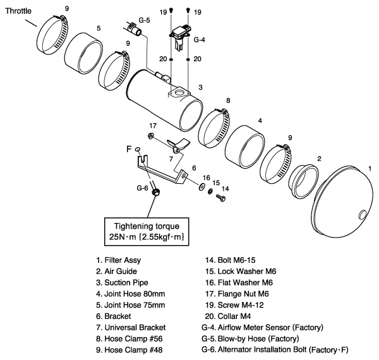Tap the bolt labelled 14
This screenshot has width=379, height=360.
pyautogui.click(x=219, y=199)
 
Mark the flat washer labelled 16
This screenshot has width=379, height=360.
pyautogui.click(x=201, y=187)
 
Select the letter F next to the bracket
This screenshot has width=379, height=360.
pyautogui.click(x=129, y=150)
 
